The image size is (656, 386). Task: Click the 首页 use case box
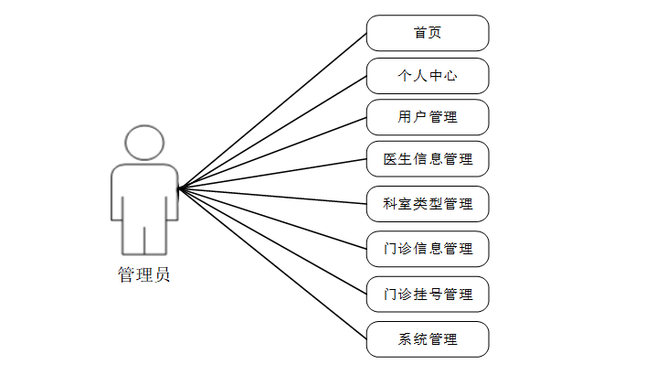click(x=428, y=33)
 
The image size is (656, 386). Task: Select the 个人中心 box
click(x=428, y=76)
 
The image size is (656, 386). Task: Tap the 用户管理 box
click(x=428, y=117)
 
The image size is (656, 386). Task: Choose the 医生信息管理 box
click(x=428, y=159)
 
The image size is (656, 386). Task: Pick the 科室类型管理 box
click(x=428, y=204)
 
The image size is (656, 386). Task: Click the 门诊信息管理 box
click(x=428, y=249)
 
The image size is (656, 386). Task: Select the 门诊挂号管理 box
click(x=428, y=295)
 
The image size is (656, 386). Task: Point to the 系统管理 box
click(x=428, y=339)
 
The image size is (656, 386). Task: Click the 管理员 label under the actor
click(x=143, y=274)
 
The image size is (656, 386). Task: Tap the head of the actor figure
click(x=144, y=144)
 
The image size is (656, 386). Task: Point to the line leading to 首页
click(x=272, y=111)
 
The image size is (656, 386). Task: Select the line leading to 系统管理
click(x=272, y=264)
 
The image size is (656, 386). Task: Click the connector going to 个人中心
click(x=272, y=132)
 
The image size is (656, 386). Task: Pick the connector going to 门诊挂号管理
click(x=272, y=241)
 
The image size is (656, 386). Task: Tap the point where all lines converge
click(x=179, y=188)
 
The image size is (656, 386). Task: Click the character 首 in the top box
click(x=419, y=33)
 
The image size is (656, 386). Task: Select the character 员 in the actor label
click(x=161, y=274)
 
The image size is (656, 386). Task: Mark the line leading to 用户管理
click(x=272, y=153)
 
